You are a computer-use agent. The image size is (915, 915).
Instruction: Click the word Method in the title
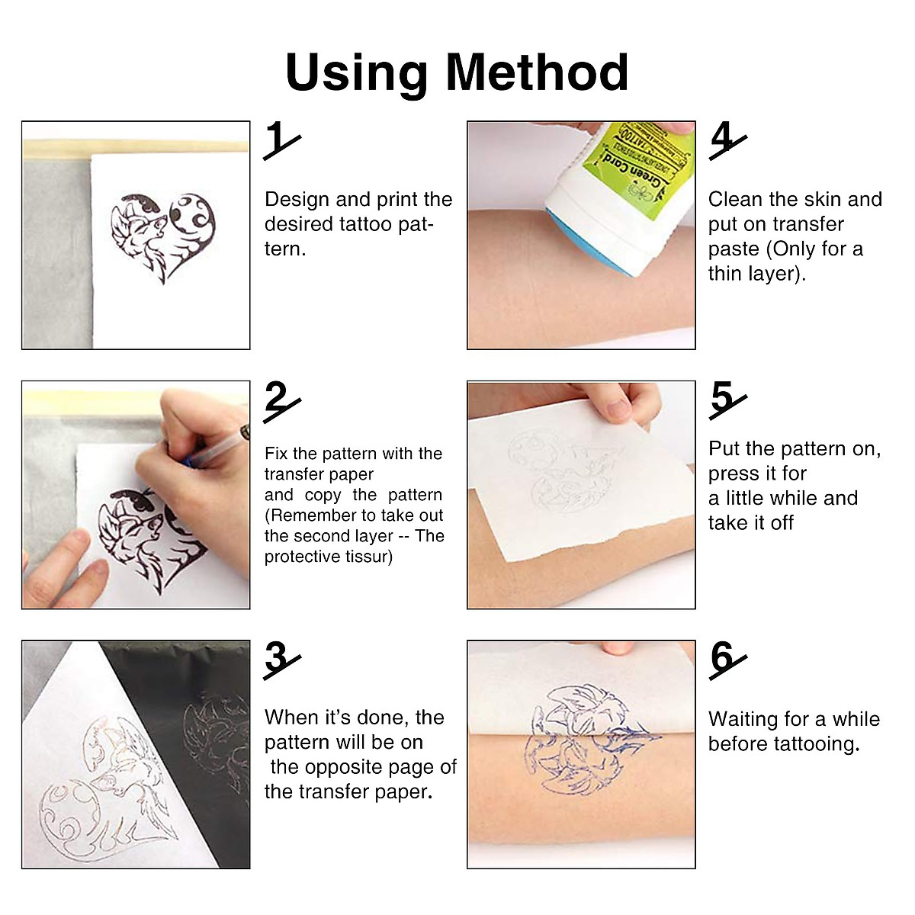point(537,72)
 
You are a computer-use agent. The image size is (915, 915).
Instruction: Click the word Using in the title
point(356,74)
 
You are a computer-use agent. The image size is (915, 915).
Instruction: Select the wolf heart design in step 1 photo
point(162,236)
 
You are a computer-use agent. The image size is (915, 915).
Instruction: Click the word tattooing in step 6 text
point(816,744)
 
